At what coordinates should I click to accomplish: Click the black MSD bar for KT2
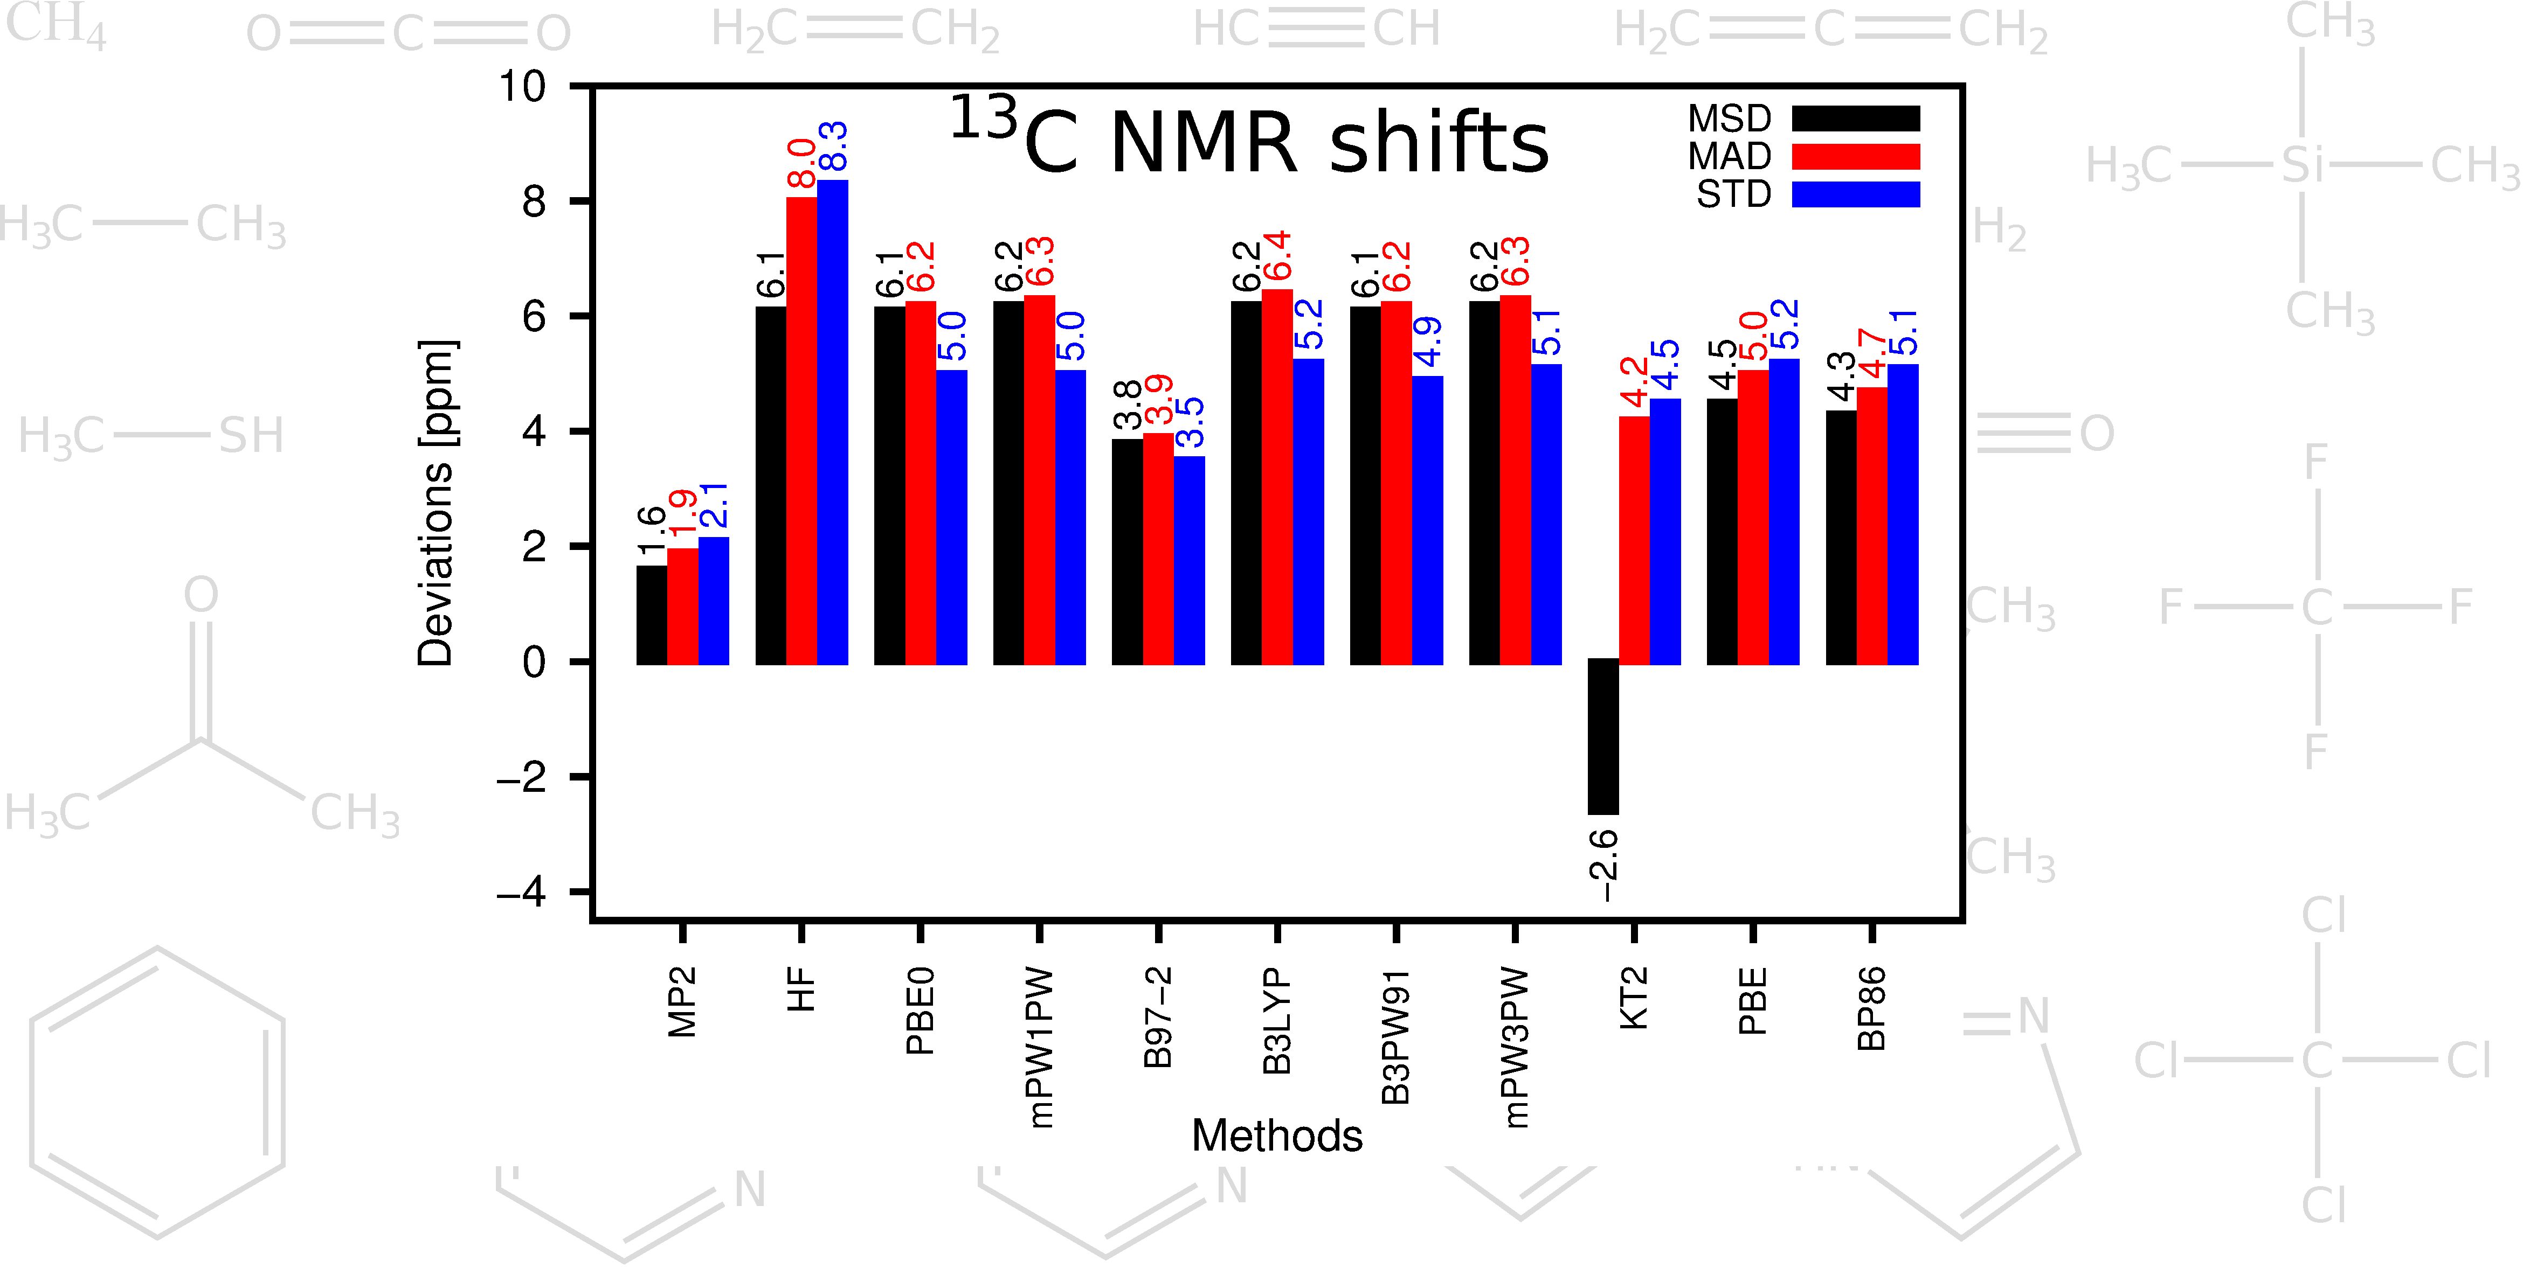click(1603, 736)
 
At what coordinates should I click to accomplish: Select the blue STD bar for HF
click(833, 421)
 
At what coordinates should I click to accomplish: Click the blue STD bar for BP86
click(1903, 514)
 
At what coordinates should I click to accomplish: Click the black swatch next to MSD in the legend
click(1855, 119)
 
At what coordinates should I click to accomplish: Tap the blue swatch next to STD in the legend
click(1855, 194)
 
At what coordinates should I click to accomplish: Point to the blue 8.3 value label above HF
click(833, 147)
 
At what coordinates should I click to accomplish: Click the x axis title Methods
click(1276, 1136)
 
